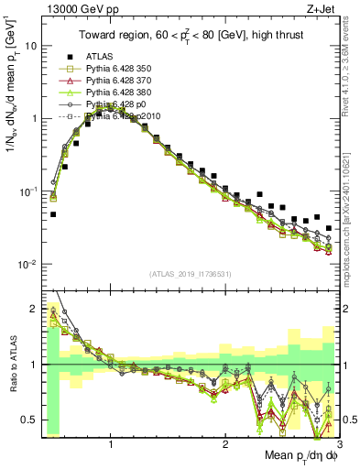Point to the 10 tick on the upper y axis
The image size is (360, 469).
[30, 46]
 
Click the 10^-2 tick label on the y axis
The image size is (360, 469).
[27, 265]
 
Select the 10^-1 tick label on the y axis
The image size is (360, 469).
[27, 191]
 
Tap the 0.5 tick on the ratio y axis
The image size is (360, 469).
[28, 420]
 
